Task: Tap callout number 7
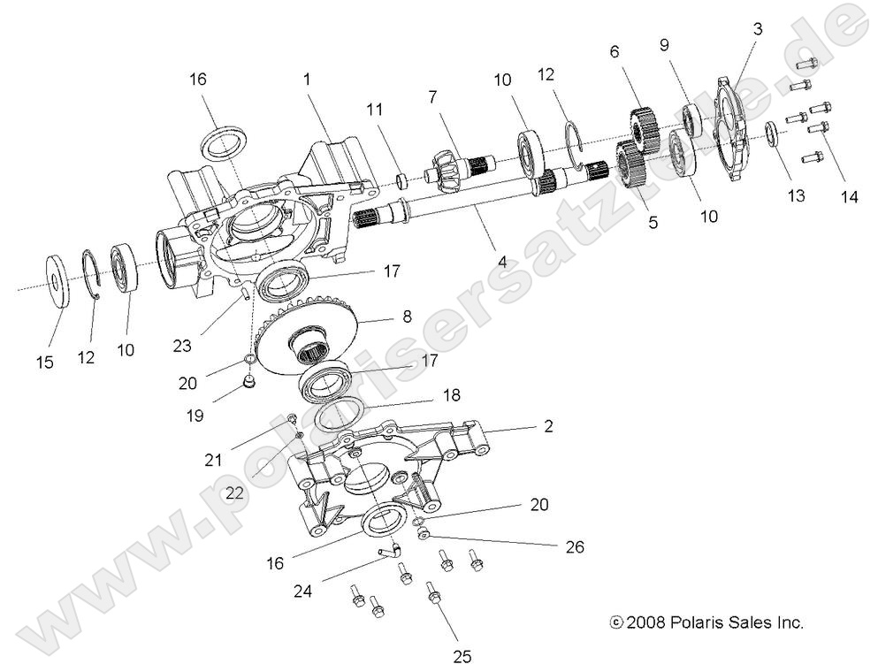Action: [432, 95]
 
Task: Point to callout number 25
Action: [462, 655]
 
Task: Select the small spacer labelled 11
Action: [402, 180]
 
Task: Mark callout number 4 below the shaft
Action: [501, 263]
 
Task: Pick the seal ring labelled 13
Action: [771, 133]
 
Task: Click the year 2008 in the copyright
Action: [646, 622]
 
